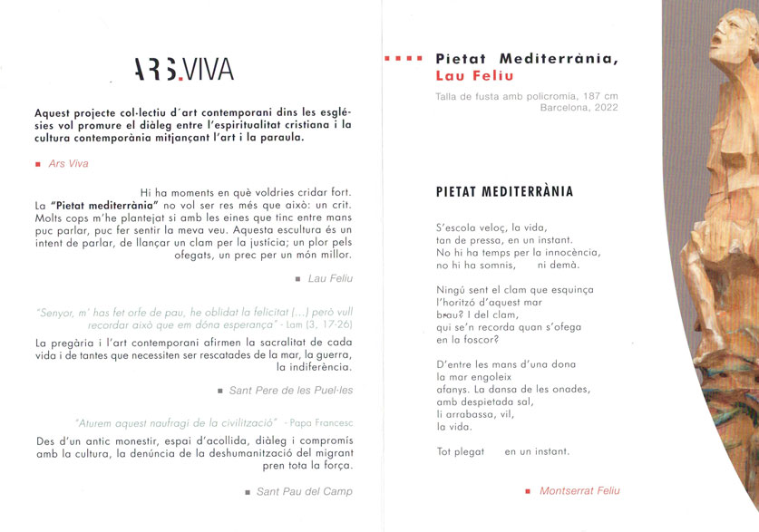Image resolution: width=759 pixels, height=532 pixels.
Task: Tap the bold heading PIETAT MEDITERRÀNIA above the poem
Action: [504, 191]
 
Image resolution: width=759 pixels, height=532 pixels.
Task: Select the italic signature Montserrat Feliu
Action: [579, 490]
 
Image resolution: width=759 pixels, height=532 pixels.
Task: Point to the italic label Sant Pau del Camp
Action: [304, 491]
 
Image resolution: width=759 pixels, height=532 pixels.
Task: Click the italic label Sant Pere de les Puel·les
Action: [290, 390]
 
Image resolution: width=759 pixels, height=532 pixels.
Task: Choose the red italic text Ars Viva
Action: [68, 164]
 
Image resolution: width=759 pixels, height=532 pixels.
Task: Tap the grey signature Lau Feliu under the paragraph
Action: [330, 278]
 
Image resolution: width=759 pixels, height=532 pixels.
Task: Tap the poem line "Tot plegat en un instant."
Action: [502, 451]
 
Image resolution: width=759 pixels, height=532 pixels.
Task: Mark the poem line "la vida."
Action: [453, 426]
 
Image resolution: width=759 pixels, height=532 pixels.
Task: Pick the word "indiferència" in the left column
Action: [314, 367]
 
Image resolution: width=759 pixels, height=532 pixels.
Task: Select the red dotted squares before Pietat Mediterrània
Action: [403, 59]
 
